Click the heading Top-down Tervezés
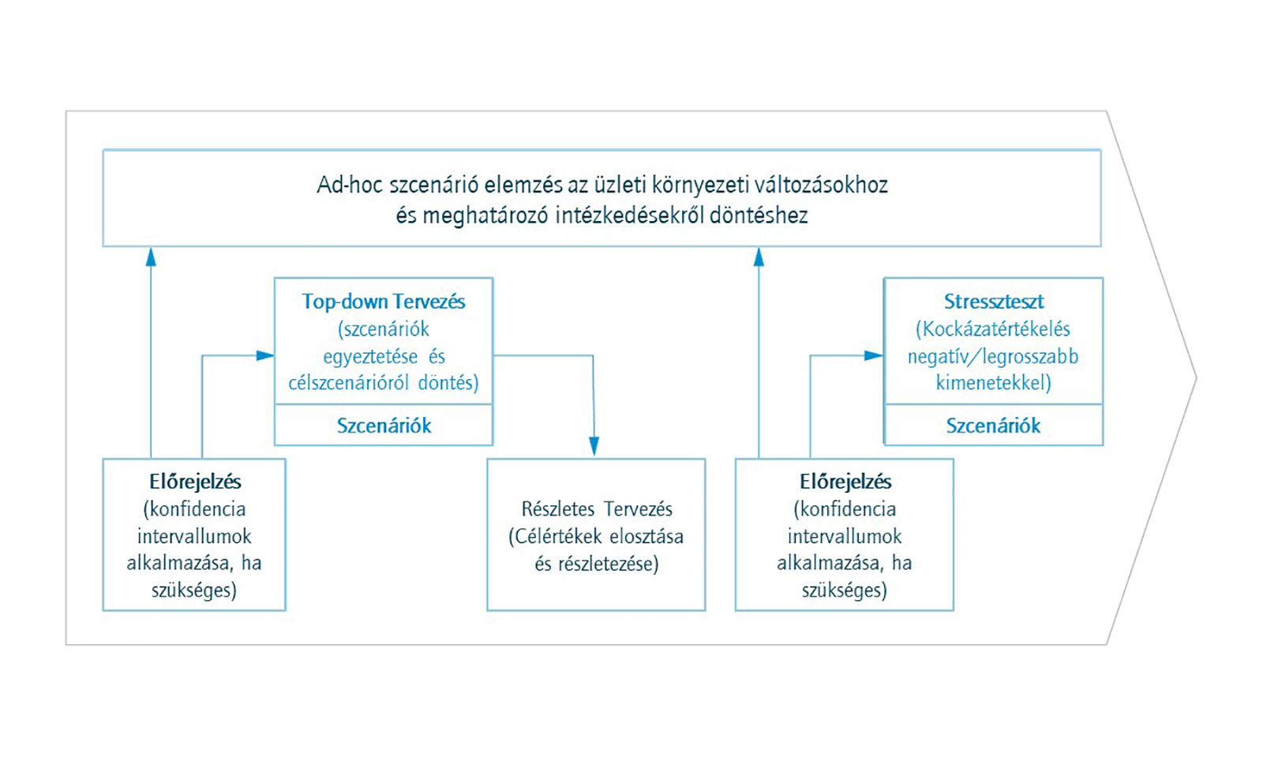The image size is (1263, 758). click(x=384, y=302)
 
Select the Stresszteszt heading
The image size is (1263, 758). click(x=994, y=302)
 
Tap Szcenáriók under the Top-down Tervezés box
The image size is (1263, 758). click(x=384, y=426)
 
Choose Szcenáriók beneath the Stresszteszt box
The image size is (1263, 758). click(x=994, y=426)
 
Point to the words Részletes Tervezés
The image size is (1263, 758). click(x=597, y=508)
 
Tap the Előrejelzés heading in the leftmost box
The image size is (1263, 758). click(x=195, y=482)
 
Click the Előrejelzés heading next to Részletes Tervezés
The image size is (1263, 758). click(x=845, y=482)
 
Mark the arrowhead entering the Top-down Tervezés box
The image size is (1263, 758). click(x=265, y=355)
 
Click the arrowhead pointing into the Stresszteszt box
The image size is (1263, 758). click(x=873, y=355)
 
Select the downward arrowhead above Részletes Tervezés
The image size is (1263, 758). click(x=594, y=446)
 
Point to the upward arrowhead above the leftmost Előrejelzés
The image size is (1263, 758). click(x=151, y=257)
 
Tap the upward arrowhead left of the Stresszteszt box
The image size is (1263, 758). click(x=759, y=257)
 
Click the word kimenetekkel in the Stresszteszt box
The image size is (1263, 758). click(x=994, y=383)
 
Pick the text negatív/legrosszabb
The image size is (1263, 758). click(x=993, y=356)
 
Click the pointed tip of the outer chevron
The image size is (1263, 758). click(x=1197, y=378)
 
